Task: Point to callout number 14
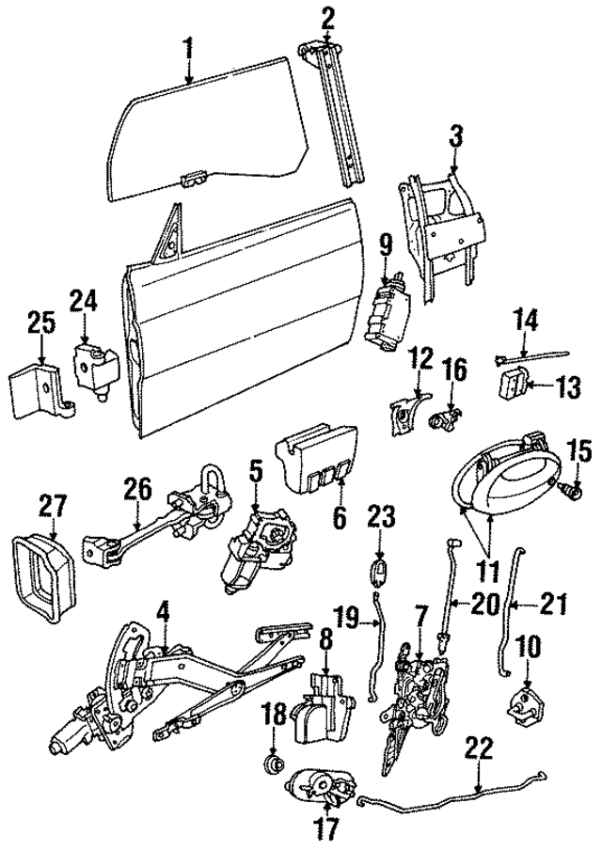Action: coord(524,321)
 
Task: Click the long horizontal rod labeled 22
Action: coord(451,799)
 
